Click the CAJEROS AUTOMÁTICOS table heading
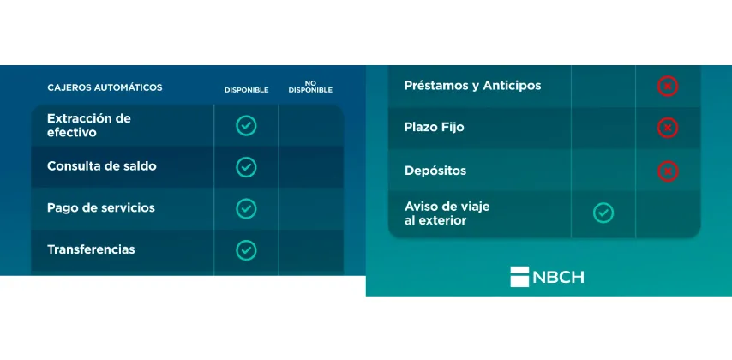[105, 87]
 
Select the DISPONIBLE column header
[247, 90]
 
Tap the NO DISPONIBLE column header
[310, 87]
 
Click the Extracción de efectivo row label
[89, 126]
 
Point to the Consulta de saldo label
[102, 166]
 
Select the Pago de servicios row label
[101, 207]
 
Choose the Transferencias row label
[91, 249]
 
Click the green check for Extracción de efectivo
[246, 126]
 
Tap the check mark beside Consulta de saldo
[246, 167]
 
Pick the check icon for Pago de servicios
[246, 209]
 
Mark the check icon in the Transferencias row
[246, 250]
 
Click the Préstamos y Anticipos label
[473, 86]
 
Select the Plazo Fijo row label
[435, 128]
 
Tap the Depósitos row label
[435, 171]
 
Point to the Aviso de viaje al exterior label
[447, 213]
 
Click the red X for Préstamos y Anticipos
[668, 87]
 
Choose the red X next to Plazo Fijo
[668, 128]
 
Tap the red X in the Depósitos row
[668, 171]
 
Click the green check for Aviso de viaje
[603, 213]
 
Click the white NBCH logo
[547, 277]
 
